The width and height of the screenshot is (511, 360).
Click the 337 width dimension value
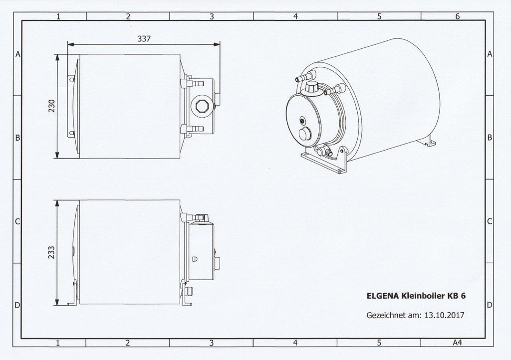[x=144, y=39]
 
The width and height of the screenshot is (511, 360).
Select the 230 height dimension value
[x=52, y=106]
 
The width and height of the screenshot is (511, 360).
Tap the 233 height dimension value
[x=52, y=252]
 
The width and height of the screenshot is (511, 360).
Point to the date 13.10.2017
[x=445, y=315]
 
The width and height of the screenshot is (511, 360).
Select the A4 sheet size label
[x=458, y=343]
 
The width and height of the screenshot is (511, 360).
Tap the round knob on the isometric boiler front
[x=305, y=134]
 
